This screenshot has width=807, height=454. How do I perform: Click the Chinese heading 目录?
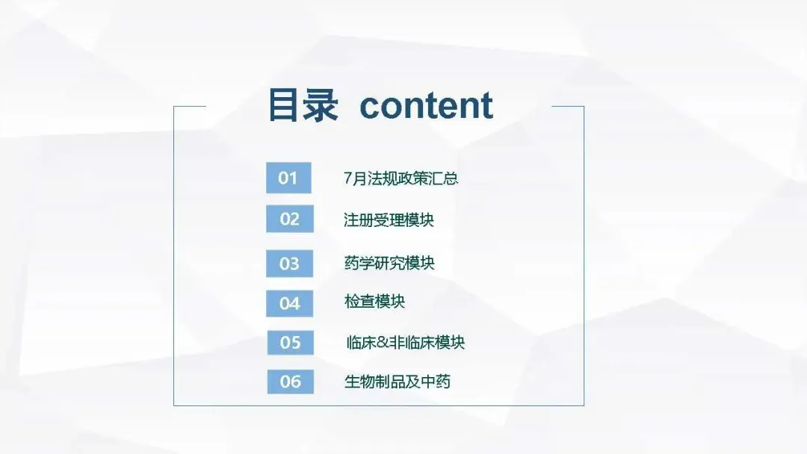click(303, 105)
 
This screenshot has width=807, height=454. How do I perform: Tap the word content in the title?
click(426, 105)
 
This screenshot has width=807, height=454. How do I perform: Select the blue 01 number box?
click(288, 178)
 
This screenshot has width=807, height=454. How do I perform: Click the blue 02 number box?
click(290, 219)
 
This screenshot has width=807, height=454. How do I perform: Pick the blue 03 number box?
click(289, 264)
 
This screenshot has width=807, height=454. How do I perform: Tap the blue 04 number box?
click(289, 303)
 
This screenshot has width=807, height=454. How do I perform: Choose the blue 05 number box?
click(290, 343)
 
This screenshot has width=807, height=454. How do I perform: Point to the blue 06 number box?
click(290, 382)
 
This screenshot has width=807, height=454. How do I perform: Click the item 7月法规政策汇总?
click(401, 178)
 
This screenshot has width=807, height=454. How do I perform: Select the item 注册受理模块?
click(389, 220)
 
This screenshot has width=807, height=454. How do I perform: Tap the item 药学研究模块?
click(389, 263)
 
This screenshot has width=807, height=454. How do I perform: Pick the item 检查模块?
click(374, 301)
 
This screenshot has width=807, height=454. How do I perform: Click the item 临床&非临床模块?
click(406, 343)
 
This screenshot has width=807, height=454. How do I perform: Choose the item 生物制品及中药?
click(398, 382)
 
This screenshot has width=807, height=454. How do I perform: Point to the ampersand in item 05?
click(383, 343)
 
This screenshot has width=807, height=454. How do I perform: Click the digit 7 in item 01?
click(348, 178)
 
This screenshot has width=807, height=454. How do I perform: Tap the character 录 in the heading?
click(321, 105)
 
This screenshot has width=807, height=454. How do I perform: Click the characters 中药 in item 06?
click(436, 382)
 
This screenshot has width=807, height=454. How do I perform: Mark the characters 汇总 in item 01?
click(443, 178)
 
